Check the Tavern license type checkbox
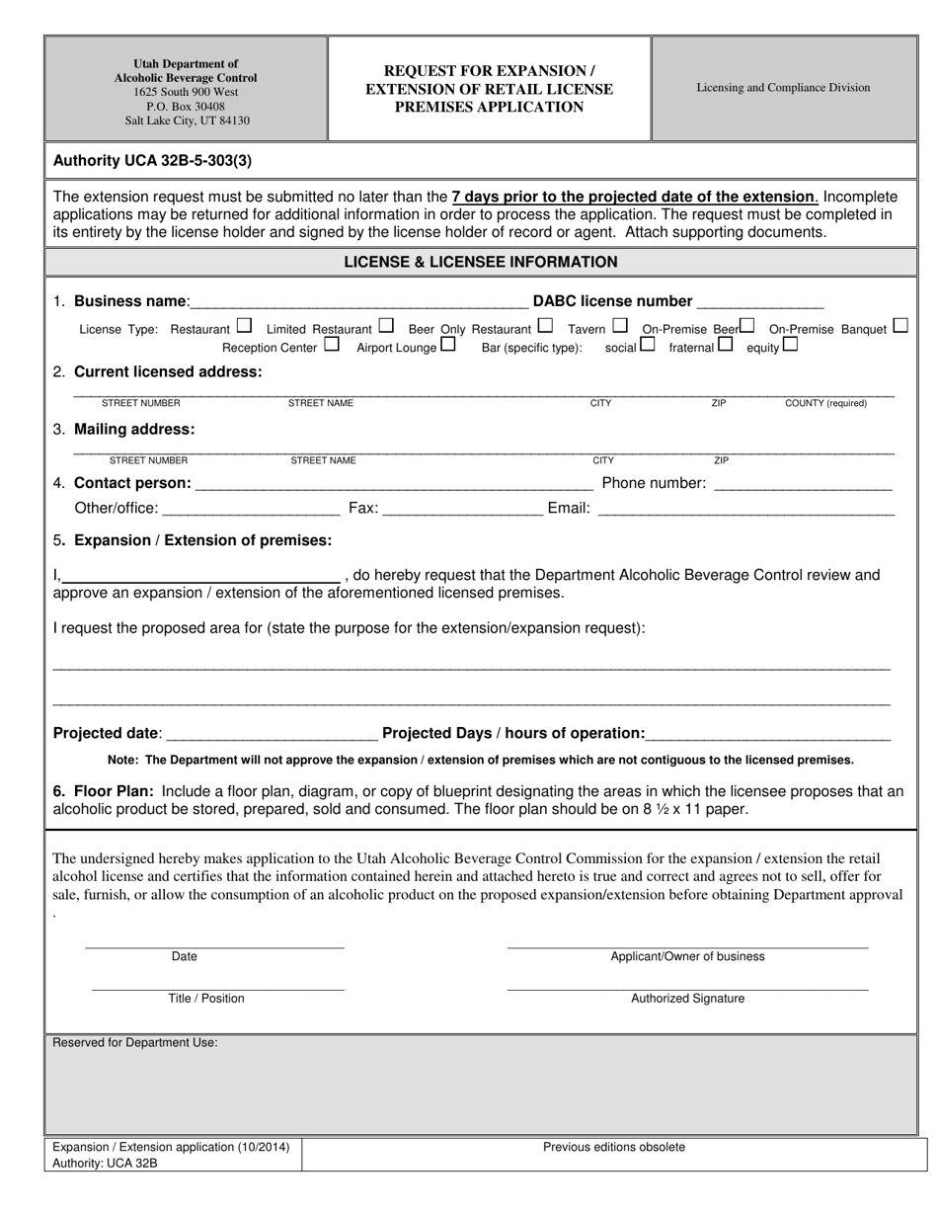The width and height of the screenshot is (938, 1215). [620, 325]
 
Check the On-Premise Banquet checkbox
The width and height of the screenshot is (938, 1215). [899, 325]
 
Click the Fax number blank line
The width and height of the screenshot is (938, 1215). [461, 511]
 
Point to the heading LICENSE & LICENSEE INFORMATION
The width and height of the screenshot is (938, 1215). [481, 262]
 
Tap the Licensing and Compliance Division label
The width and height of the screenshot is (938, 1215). [783, 88]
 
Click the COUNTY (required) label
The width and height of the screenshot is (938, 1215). [825, 403]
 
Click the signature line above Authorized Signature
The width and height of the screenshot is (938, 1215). [687, 988]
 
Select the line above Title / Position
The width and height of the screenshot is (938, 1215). [217, 988]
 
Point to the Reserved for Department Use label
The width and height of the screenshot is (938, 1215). [135, 1042]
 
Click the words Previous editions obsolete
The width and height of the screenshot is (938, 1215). [613, 1147]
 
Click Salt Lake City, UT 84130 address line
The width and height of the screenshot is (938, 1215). [187, 121]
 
